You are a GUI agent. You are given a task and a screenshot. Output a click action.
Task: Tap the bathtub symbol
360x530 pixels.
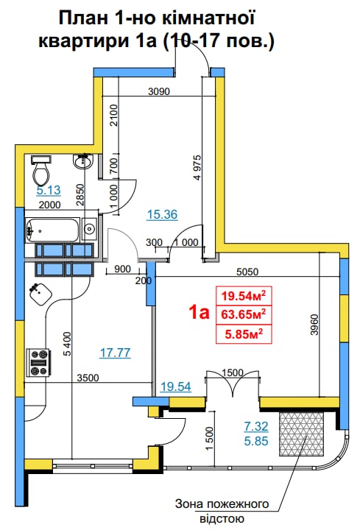[x=53, y=230]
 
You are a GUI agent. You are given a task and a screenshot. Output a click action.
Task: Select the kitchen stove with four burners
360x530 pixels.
[x=38, y=362]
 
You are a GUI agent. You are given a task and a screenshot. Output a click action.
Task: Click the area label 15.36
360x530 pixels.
[x=162, y=214]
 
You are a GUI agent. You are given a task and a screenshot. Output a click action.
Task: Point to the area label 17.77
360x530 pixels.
[x=116, y=353]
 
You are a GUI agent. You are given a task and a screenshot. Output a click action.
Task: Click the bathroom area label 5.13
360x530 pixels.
[x=49, y=190]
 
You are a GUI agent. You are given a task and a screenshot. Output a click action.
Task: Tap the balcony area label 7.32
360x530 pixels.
[x=256, y=426]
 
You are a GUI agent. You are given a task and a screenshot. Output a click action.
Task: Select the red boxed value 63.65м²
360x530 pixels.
[x=244, y=315]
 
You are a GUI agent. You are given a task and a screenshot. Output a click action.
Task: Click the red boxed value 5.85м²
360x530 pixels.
[x=244, y=335]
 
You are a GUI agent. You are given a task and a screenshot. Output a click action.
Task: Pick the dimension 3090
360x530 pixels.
[x=159, y=91]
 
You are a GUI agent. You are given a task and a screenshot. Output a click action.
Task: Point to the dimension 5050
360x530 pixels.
[x=247, y=272]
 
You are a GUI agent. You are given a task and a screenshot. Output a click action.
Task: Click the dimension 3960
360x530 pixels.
[x=314, y=325]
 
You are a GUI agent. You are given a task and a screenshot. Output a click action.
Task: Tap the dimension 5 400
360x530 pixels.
[x=67, y=344]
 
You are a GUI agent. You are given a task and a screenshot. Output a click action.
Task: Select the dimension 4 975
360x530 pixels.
[x=198, y=167]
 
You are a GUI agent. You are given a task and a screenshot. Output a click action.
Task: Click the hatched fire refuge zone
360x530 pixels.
[x=302, y=434]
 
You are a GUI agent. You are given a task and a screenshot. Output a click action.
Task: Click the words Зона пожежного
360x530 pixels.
[x=222, y=504]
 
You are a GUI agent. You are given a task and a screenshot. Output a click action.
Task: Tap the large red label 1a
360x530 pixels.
[x=200, y=313]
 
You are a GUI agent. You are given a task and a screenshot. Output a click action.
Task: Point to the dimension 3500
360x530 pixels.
[x=88, y=378]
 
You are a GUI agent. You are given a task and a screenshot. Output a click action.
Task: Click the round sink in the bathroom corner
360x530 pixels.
[x=82, y=161]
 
